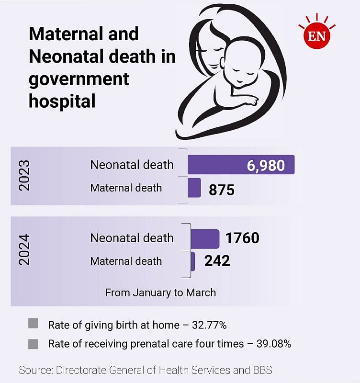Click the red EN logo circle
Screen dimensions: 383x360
[316, 35]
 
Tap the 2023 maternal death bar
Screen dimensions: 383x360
[194, 188]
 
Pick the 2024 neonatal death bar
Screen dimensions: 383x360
[205, 238]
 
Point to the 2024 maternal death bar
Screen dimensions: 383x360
[192, 261]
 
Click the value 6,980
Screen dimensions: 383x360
[266, 166]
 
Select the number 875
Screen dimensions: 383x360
[222, 190]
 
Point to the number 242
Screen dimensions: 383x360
[217, 261]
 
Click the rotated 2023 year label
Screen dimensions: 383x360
[24, 176]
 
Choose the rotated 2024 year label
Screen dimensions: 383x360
[24, 249]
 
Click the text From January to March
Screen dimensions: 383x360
[160, 293]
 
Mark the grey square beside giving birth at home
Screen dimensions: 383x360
[33, 324]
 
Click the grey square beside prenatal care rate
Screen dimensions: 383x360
[33, 343]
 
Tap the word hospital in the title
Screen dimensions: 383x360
[62, 101]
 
